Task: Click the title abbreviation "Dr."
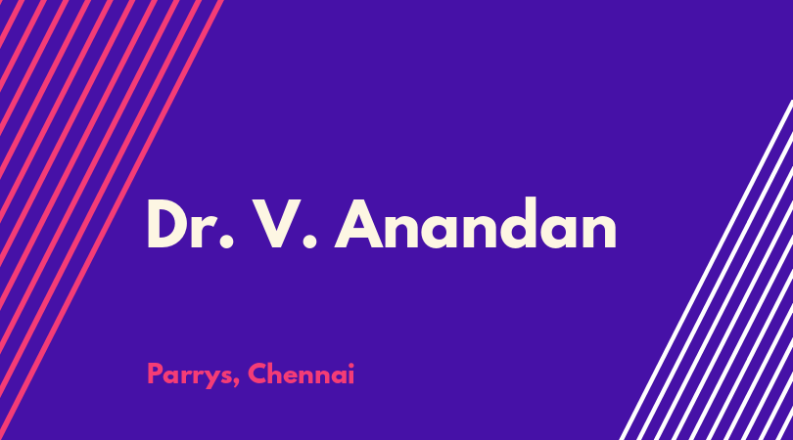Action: (190, 223)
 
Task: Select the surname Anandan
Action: (476, 223)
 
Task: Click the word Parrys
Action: (190, 374)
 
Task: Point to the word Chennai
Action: (301, 374)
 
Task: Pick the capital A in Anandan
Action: (359, 224)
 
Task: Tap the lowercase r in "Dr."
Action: (208, 232)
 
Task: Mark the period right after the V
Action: (309, 242)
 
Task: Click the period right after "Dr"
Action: (227, 242)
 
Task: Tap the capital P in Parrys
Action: (155, 374)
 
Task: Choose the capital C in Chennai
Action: (257, 374)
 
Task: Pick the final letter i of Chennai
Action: (351, 374)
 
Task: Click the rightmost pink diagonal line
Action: (112, 220)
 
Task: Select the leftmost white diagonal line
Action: (706, 270)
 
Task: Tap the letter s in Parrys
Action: (226, 377)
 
